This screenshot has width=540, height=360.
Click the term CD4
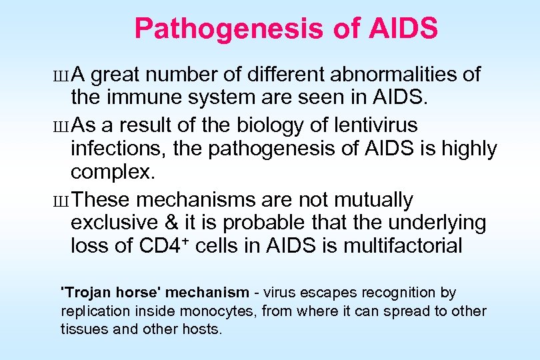[x=159, y=247]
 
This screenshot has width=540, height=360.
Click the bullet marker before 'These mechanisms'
[x=63, y=201]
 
